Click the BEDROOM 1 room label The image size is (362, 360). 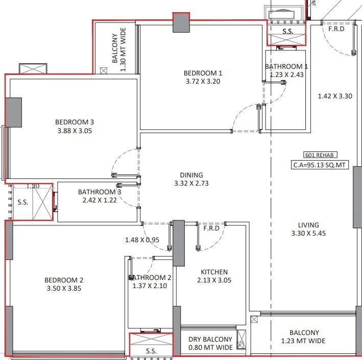pyautogui.click(x=203, y=73)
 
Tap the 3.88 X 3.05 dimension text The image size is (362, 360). pyautogui.click(x=75, y=131)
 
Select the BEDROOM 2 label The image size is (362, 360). pyautogui.click(x=63, y=280)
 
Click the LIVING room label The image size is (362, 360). pyautogui.click(x=309, y=225)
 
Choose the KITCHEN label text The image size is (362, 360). pyautogui.click(x=214, y=272)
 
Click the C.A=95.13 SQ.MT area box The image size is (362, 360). pyautogui.click(x=320, y=165)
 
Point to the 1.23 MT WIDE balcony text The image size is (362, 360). pyautogui.click(x=303, y=341)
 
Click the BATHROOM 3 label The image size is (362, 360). pyautogui.click(x=100, y=192)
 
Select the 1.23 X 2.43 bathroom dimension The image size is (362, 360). pyautogui.click(x=286, y=75)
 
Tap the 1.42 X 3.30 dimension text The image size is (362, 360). pyautogui.click(x=334, y=96)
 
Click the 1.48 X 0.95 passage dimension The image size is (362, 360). pyautogui.click(x=142, y=240)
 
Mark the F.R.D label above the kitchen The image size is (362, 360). pyautogui.click(x=211, y=228)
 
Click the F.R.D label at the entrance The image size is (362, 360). pyautogui.click(x=336, y=29)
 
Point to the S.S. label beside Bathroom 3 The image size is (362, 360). pyautogui.click(x=23, y=202)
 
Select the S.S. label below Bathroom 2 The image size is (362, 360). pyautogui.click(x=151, y=351)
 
